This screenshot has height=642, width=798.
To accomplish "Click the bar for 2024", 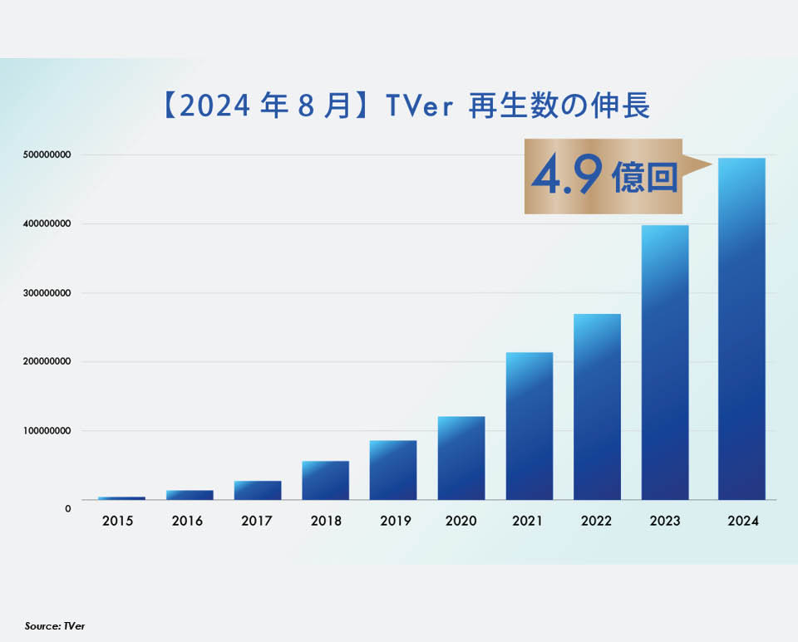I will pos(741,332).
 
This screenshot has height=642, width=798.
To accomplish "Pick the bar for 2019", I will pos(393,469).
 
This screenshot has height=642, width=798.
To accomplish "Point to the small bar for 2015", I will pos(121,497).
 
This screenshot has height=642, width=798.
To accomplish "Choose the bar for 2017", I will pos(258,490).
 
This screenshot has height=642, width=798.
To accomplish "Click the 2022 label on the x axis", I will pos(596,522).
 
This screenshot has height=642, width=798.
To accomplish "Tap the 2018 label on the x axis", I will pos(325,522).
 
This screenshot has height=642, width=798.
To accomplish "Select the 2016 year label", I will pos(189,522).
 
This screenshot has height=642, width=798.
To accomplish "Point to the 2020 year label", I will pos(461,522).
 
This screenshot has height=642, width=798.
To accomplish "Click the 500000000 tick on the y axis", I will pos(46,155).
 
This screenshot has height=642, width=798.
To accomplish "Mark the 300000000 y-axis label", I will pos(46,293).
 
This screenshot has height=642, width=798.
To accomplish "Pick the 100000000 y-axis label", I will pos(46,431).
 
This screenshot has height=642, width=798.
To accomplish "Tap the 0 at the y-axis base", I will pos(68,507).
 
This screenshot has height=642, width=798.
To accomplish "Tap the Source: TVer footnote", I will pos(55,625).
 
